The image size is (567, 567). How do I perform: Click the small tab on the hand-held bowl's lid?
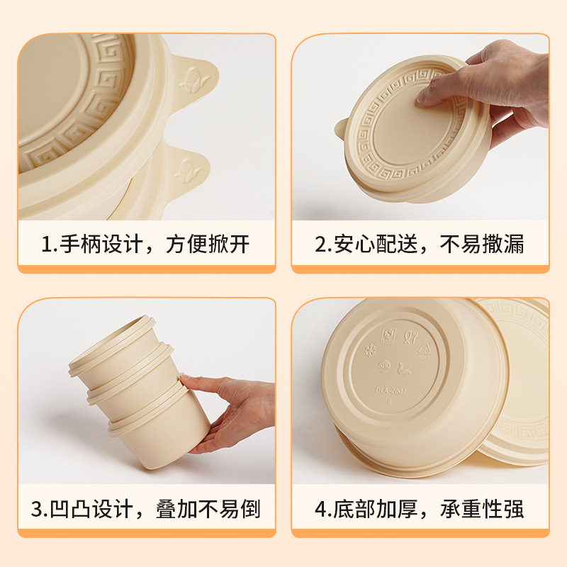(341, 128)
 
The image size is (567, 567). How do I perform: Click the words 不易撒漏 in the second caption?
(482, 245)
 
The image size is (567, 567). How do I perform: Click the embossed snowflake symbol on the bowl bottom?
(370, 351)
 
